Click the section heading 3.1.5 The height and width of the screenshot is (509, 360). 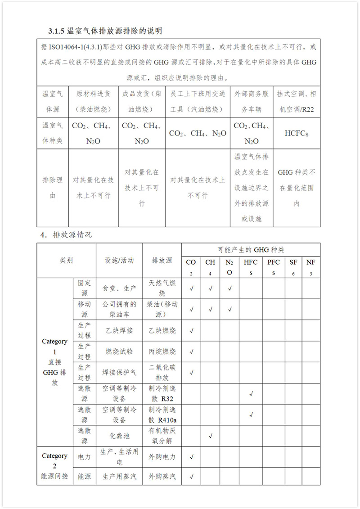tap(105, 31)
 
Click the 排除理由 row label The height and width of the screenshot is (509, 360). tap(52, 188)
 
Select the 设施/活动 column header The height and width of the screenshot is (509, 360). tap(119, 261)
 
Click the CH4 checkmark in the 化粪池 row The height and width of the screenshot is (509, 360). tap(210, 436)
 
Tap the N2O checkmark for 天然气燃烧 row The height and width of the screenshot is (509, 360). tap(229, 288)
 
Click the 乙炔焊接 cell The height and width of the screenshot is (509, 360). tap(119, 330)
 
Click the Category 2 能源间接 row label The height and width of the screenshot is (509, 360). tap(55, 466)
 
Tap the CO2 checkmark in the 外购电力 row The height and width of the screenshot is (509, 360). tap(191, 457)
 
